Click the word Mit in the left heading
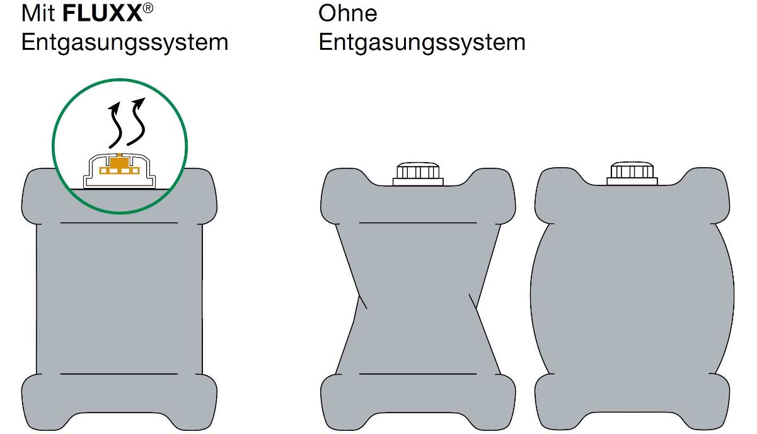[38, 13]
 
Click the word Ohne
[348, 13]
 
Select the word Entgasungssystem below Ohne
[422, 42]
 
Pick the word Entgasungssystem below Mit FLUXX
[124, 42]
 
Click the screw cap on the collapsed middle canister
[417, 173]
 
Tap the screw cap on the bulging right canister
[632, 173]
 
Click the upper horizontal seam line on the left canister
[119, 223]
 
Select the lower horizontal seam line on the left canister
[119, 374]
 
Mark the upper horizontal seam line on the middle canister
[417, 223]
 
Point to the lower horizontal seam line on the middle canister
[417, 374]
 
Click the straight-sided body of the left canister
[119, 296]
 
